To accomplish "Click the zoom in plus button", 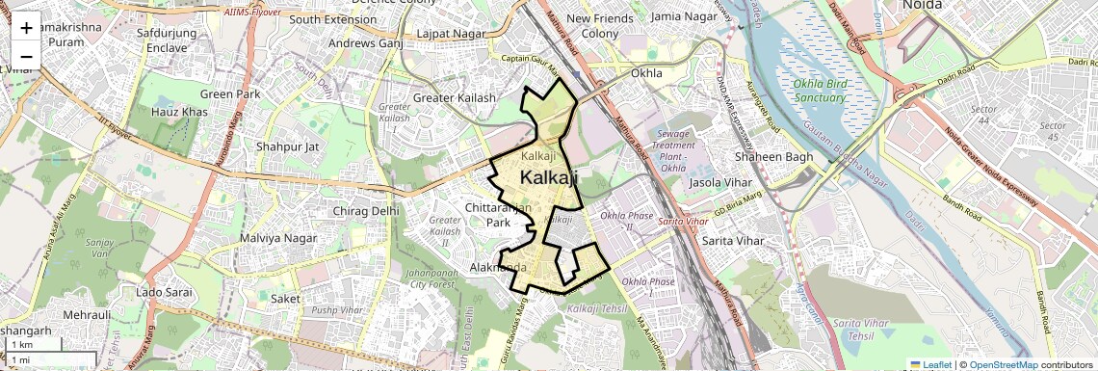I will coord(26,28).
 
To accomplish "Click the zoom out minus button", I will coord(26,56).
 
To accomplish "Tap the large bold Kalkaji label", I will coord(549,177).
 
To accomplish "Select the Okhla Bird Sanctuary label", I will coord(821,90).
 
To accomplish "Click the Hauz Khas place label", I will coord(179,113).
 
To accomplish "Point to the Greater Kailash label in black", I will coord(454,98).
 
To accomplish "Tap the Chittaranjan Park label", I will coord(498,215).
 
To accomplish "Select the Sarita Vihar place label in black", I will coord(733,240).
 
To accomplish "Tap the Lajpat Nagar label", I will coord(450,34).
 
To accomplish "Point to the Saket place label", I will coord(284,300).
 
